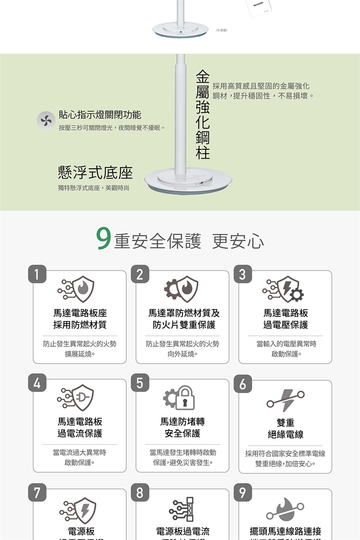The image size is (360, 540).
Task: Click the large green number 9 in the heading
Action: click(x=103, y=238)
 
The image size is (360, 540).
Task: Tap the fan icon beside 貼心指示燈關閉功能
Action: click(x=46, y=121)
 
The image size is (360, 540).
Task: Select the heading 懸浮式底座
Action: click(x=95, y=172)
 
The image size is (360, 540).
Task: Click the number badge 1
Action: click(x=37, y=274)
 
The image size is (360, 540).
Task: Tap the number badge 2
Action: click(x=140, y=274)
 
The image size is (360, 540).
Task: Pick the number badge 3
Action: click(x=243, y=274)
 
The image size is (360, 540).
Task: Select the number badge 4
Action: click(x=37, y=383)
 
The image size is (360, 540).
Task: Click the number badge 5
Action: click(x=140, y=383)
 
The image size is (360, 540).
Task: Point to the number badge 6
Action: click(x=243, y=384)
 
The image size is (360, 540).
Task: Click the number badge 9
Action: click(x=243, y=492)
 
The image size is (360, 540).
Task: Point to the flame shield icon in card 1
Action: click(x=82, y=289)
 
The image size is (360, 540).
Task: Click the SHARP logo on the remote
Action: click(x=258, y=5)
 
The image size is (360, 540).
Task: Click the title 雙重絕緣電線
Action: click(x=285, y=428)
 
